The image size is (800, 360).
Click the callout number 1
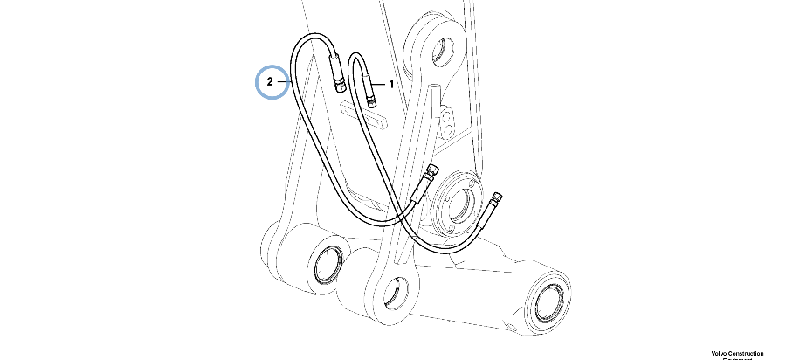coord(391,84)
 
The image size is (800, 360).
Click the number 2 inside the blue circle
coord(271,82)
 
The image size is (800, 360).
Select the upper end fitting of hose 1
coord(372,91)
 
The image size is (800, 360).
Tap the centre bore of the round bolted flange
coord(457,201)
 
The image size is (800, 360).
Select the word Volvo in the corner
coord(721,353)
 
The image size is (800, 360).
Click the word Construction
coord(748,353)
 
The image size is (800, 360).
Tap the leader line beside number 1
coord(381,84)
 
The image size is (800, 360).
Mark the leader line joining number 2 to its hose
coord(285,82)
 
